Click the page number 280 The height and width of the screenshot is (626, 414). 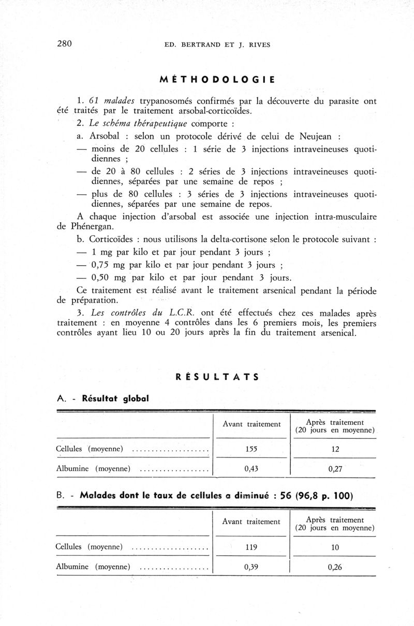click(x=64, y=43)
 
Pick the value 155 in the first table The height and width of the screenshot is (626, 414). click(x=251, y=449)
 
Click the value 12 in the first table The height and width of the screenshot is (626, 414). click(x=335, y=449)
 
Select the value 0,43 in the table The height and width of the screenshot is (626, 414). click(x=251, y=469)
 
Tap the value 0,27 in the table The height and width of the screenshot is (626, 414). click(x=335, y=470)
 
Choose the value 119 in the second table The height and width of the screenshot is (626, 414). click(x=251, y=546)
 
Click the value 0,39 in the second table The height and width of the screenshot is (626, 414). click(x=251, y=566)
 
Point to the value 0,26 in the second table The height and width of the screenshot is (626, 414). click(x=335, y=567)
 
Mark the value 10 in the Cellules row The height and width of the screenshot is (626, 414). click(x=335, y=547)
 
